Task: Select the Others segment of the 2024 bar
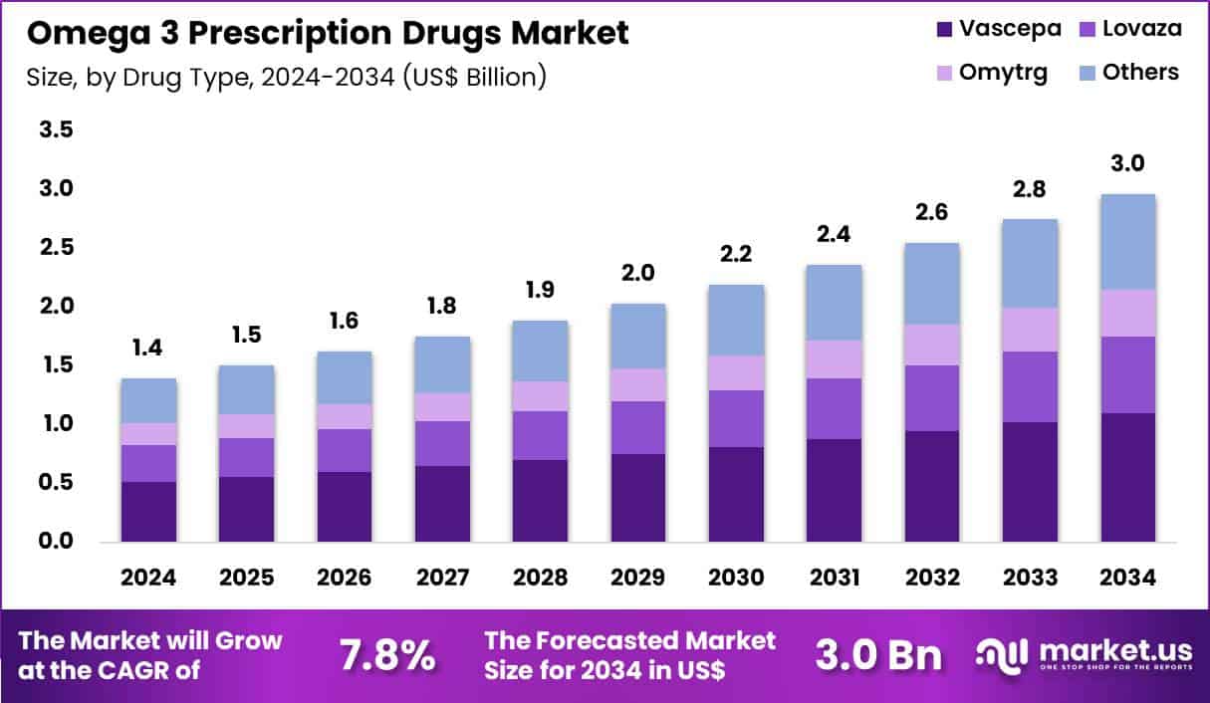click(x=148, y=400)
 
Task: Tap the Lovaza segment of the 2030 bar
click(x=736, y=418)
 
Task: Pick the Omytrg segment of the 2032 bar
click(x=932, y=345)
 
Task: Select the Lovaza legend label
click(x=1142, y=29)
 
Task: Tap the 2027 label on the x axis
click(x=442, y=578)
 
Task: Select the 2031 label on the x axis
click(x=834, y=578)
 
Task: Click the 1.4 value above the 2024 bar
click(x=148, y=349)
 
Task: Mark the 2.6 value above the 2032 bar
click(x=932, y=212)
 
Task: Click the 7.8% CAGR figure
click(x=386, y=656)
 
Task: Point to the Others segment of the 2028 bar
click(x=541, y=351)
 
